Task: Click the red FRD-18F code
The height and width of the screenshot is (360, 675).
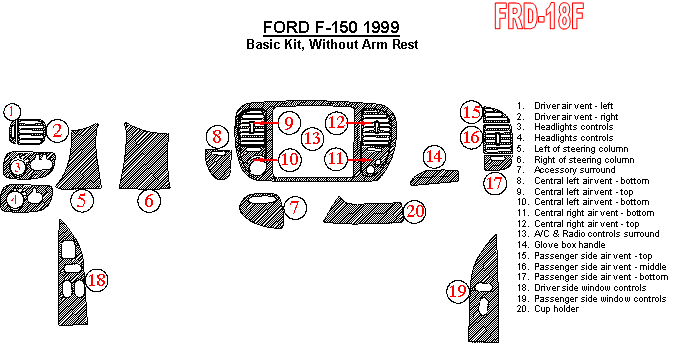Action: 539,16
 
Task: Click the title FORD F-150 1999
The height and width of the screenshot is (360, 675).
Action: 331,27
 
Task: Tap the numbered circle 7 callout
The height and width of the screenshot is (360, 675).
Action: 294,208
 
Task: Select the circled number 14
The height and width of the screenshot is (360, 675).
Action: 434,156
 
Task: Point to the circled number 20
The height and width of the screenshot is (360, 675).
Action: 415,211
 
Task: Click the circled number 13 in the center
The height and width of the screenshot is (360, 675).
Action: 312,138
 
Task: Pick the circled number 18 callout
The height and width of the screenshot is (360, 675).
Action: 96,280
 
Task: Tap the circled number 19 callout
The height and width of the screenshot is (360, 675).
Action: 458,291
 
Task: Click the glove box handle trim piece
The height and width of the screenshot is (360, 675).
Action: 434,177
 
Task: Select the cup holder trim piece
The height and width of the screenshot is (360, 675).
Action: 364,212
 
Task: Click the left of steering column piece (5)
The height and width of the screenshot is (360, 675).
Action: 79,157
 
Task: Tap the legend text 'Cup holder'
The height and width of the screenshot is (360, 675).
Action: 557,309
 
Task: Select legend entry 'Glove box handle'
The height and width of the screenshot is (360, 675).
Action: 570,245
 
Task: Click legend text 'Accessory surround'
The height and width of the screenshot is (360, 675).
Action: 575,170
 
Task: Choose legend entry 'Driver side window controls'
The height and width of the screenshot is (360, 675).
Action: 590,288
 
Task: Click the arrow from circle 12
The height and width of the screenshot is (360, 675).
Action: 359,123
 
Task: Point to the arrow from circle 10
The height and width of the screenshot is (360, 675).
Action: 268,159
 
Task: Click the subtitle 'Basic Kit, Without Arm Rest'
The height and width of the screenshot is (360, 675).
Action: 332,44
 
